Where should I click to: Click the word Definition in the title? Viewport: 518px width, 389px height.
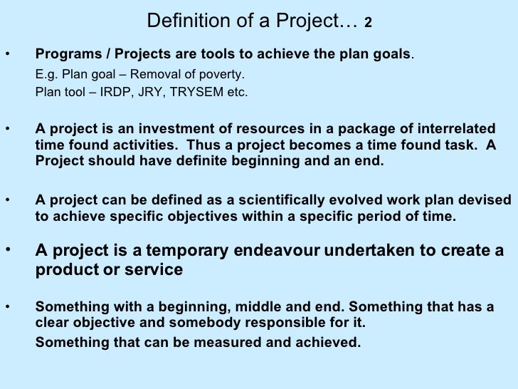[179, 22]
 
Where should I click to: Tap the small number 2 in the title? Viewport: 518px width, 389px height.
[368, 24]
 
